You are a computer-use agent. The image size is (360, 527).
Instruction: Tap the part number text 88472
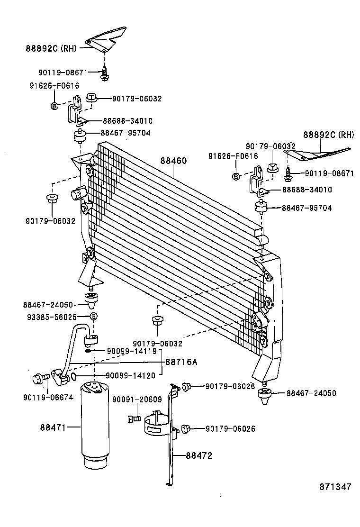pos(198,456)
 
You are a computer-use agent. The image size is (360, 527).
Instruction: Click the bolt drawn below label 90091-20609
pos(134,419)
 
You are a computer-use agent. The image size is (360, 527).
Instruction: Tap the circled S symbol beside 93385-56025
pos(94,317)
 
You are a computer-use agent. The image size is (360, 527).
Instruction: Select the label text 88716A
pos(181,362)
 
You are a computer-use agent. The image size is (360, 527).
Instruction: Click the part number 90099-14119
pos(131,351)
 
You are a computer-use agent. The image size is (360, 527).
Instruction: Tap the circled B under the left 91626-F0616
pos(54,105)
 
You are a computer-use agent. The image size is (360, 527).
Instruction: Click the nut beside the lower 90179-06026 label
pos(186,428)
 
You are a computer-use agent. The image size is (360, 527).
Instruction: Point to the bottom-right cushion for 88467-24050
pos(264,395)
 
